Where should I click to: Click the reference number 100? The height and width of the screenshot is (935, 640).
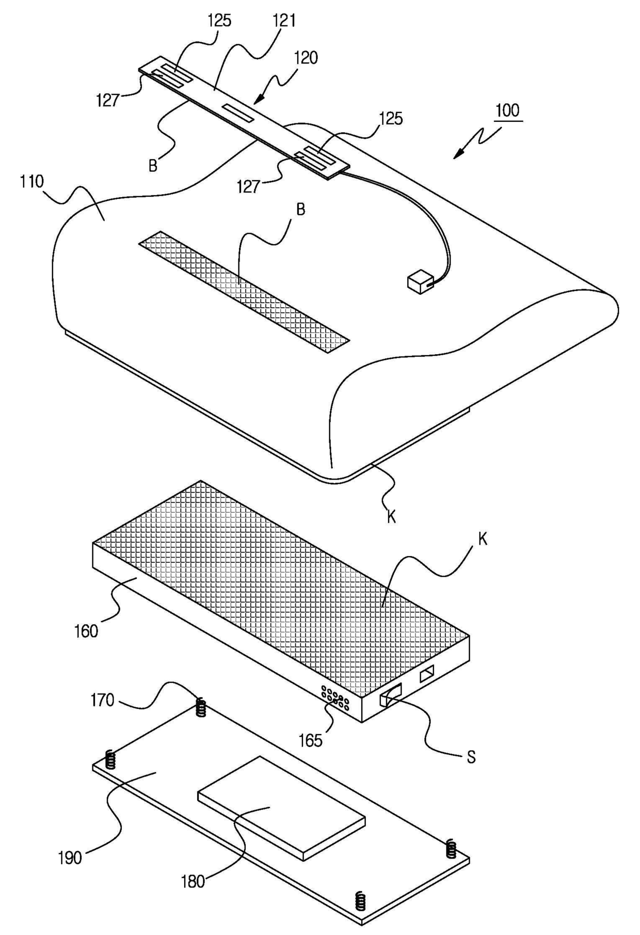click(508, 111)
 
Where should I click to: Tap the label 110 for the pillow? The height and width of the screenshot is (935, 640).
click(31, 182)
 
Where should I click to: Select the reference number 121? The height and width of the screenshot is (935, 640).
click(284, 21)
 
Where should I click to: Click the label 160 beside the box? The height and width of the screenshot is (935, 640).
click(86, 631)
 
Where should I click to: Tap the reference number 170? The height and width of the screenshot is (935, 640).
click(102, 701)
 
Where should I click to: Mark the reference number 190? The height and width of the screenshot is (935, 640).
click(70, 858)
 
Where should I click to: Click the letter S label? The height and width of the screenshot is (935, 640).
click(471, 758)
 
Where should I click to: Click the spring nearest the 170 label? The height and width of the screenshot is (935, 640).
click(202, 707)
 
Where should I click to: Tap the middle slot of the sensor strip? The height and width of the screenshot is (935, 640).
click(238, 113)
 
